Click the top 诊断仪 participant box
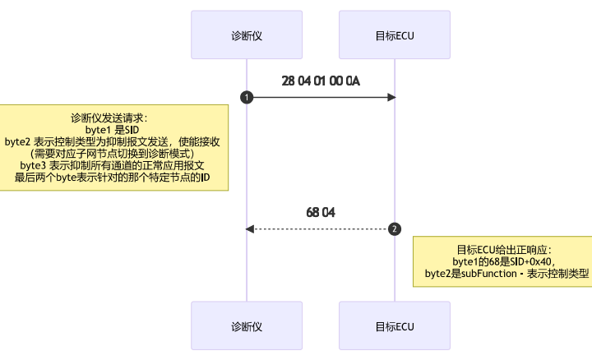click(x=246, y=35)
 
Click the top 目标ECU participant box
click(x=394, y=35)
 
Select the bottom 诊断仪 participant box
click(x=246, y=326)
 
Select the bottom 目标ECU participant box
click(x=394, y=326)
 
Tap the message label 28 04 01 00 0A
click(x=320, y=81)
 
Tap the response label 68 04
click(x=320, y=212)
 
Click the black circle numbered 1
click(x=246, y=97)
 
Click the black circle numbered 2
click(x=395, y=228)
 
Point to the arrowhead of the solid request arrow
click(x=392, y=97)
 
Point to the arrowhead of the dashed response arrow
click(x=249, y=228)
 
